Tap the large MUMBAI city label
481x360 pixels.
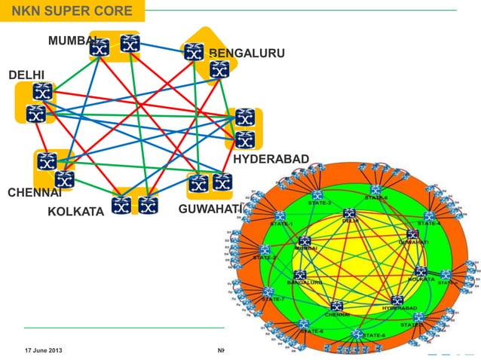[72, 40]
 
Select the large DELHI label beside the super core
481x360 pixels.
[26, 75]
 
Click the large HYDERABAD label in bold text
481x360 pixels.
[271, 159]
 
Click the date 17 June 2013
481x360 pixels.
[44, 350]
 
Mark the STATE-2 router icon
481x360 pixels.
[265, 249]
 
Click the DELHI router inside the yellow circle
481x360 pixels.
[350, 214]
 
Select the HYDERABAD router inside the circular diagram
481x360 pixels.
[397, 300]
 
